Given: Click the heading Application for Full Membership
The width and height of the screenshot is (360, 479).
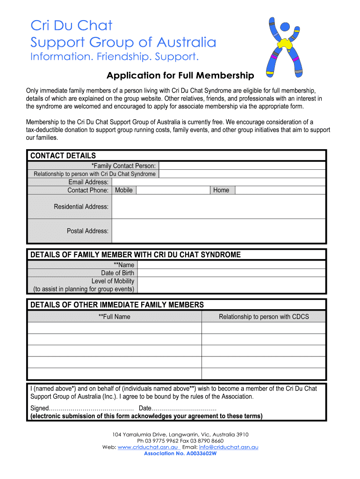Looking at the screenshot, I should pos(180,75).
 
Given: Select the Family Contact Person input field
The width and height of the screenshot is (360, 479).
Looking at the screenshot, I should pos(242,166).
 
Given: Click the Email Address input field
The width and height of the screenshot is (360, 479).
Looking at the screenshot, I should pos(218,182).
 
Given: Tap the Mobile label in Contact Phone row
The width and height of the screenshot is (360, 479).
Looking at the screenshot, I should pos(124,190).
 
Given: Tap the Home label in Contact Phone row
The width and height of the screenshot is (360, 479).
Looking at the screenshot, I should pos(221,190).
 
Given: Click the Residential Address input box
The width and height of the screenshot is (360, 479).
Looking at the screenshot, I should pos(218,206).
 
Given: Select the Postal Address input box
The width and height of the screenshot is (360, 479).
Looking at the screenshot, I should pos(218,231).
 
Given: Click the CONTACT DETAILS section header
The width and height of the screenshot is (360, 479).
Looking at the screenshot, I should pos(63,156).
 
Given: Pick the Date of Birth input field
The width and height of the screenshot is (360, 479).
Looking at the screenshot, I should pos(231,273).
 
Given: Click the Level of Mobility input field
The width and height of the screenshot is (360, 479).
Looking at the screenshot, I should pos(231,285).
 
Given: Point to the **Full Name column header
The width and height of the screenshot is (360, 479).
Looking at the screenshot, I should pos(115,317).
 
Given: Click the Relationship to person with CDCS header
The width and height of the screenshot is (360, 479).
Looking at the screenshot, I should pos(264,317).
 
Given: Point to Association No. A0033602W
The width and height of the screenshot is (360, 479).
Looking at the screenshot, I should pos(180,454).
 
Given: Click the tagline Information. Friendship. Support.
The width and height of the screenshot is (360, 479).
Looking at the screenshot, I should pos(115,57).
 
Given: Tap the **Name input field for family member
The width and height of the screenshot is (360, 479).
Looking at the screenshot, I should pos(231,265).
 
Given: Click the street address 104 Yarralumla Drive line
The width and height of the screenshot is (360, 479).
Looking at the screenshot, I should pos(180,434).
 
